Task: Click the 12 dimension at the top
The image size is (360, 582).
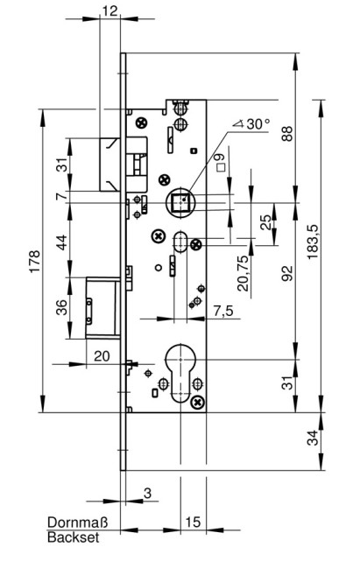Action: pyautogui.click(x=110, y=11)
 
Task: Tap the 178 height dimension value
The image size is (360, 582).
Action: pyautogui.click(x=34, y=262)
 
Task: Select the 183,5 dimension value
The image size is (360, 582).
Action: pyautogui.click(x=313, y=242)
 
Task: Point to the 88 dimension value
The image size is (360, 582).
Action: pyautogui.click(x=286, y=134)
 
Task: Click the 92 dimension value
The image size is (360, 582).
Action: pyautogui.click(x=286, y=274)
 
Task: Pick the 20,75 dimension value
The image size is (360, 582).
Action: pyautogui.click(x=243, y=273)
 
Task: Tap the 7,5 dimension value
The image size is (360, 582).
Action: pyautogui.click(x=223, y=311)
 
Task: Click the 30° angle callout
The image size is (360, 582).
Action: pyautogui.click(x=252, y=123)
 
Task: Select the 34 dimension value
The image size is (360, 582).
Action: pyautogui.click(x=314, y=438)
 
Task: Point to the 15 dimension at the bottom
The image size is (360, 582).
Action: pyautogui.click(x=193, y=522)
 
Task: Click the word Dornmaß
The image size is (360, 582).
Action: pyautogui.click(x=78, y=522)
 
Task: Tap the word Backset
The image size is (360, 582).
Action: pyautogui.click(x=74, y=537)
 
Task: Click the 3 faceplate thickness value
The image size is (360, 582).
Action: pyautogui.click(x=147, y=493)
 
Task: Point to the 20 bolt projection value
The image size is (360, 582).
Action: pyautogui.click(x=102, y=356)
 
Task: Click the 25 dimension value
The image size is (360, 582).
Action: pyautogui.click(x=265, y=222)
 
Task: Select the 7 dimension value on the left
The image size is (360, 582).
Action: pyautogui.click(x=63, y=196)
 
